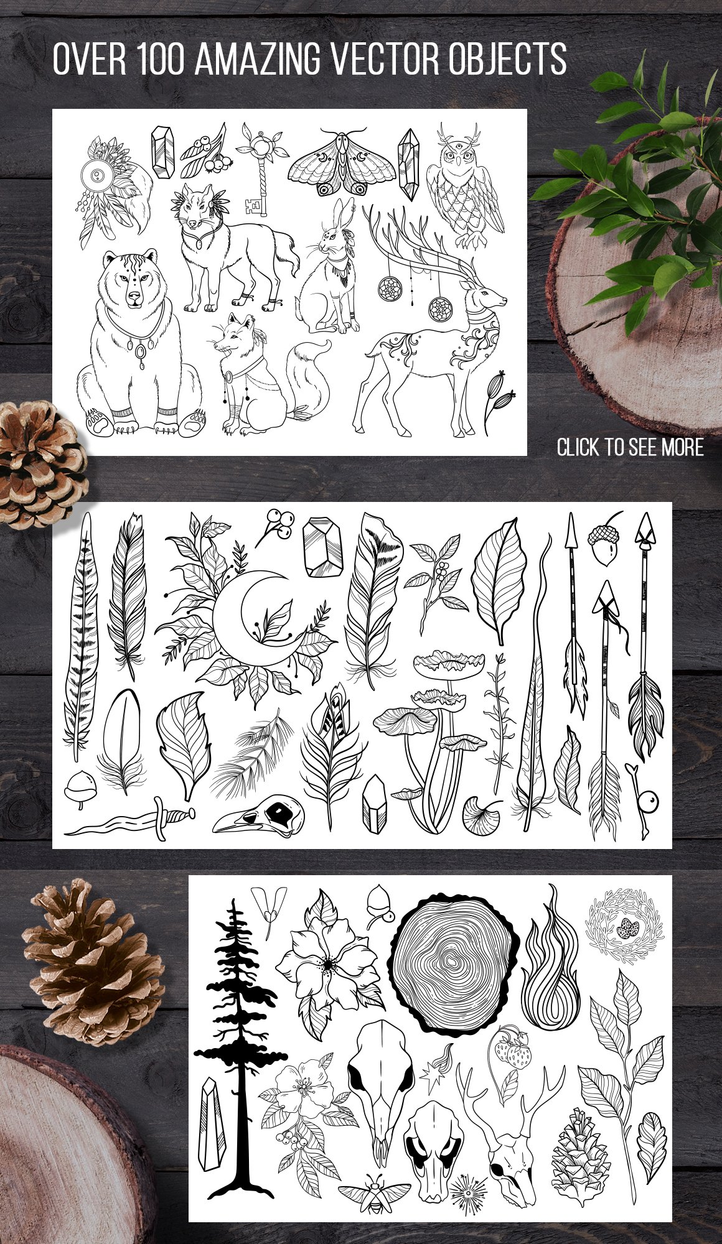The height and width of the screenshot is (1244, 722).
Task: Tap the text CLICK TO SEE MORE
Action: pos(630,447)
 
